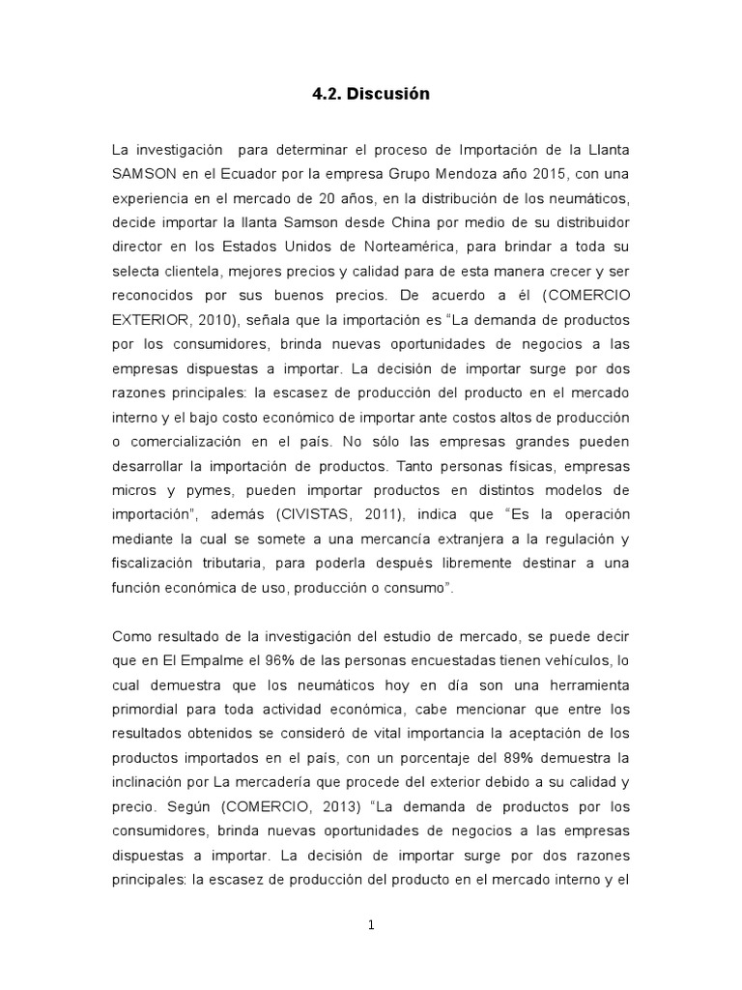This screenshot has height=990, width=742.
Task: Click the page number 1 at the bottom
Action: [371, 925]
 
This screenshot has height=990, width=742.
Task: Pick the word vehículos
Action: [574, 661]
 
